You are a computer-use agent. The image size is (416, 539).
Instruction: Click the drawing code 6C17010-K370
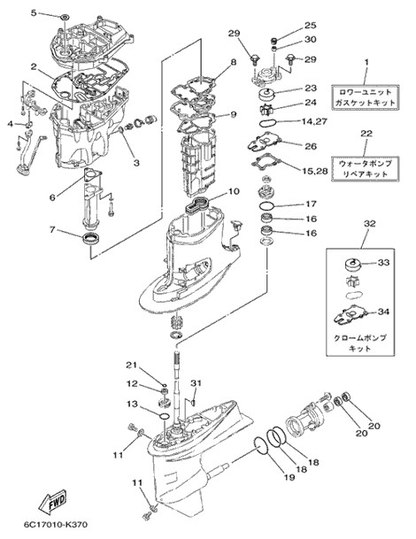click(x=56, y=525)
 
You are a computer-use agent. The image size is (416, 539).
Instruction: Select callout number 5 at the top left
click(x=34, y=13)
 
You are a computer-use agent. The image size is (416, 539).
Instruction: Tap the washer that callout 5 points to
click(x=65, y=17)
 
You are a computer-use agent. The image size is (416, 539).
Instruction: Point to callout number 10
click(x=234, y=191)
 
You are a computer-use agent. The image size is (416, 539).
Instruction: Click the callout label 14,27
click(x=314, y=121)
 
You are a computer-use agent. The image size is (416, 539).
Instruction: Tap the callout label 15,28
click(x=315, y=171)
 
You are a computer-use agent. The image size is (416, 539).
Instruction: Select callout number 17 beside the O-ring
click(x=311, y=204)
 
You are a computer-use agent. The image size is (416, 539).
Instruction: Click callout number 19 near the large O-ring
click(x=289, y=477)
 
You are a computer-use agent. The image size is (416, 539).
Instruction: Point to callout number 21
click(x=131, y=365)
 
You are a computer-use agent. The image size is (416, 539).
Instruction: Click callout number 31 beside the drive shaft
click(x=196, y=383)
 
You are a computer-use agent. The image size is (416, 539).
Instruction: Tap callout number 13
click(x=132, y=404)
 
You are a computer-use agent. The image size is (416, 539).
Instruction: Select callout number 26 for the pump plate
click(x=311, y=146)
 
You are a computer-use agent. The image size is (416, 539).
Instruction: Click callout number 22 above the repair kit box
click(x=366, y=134)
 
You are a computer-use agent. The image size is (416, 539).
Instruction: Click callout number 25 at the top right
click(x=311, y=26)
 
